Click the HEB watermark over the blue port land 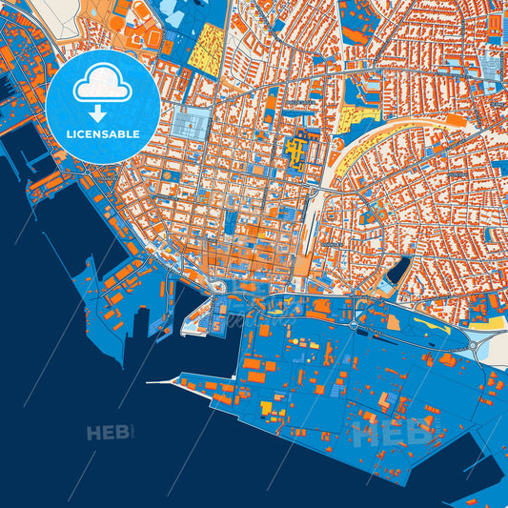[390, 437]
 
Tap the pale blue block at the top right [490, 68]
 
